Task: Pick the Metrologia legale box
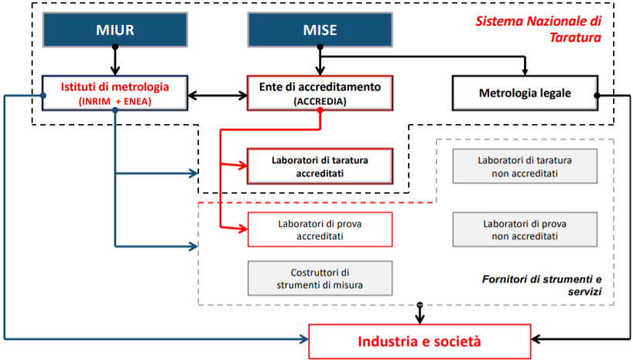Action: [524, 94]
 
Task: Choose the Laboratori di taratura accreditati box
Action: [320, 166]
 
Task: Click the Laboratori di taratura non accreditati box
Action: [525, 166]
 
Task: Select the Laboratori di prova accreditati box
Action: [320, 229]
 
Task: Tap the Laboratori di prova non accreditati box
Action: [525, 229]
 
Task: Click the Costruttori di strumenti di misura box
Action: [320, 278]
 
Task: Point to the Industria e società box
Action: [419, 341]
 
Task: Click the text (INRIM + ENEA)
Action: [115, 101]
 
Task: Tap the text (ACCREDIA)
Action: [320, 101]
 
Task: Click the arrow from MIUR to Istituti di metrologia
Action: [115, 60]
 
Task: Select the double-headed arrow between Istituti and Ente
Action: [217, 96]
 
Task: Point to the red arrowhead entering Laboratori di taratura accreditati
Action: [241, 164]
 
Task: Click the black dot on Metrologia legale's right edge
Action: [597, 95]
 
